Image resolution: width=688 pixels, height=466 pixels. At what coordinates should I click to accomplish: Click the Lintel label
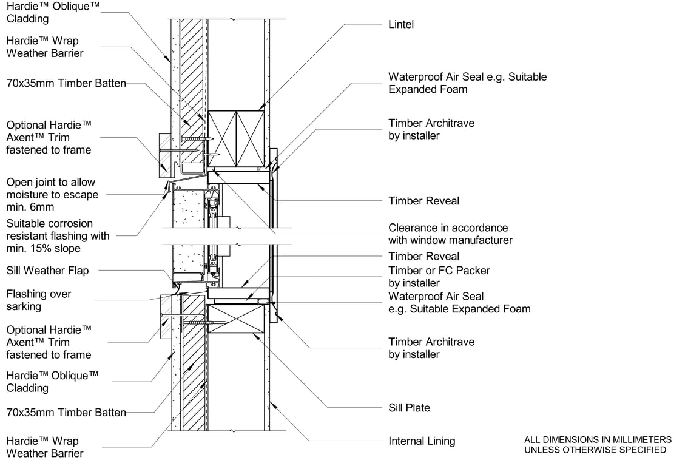401,25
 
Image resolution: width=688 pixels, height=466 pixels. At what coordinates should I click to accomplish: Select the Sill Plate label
410,408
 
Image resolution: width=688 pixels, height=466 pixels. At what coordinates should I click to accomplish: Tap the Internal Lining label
422,441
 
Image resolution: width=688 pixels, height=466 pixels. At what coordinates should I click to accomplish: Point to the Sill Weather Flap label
47,271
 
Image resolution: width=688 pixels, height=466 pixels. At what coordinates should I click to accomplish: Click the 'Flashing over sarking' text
39,300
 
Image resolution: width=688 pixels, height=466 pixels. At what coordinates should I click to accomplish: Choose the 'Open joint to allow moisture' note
51,189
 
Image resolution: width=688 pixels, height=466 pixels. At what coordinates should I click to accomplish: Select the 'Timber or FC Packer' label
439,277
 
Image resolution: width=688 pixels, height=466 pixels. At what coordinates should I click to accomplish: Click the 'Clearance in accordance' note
448,228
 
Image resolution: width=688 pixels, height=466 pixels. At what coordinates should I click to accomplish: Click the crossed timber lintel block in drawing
236,138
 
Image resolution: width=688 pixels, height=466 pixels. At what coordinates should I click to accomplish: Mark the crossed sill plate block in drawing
236,319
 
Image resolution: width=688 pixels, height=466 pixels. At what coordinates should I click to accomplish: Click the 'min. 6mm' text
27,208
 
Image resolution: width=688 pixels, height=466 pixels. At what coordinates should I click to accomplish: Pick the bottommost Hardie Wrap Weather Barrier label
45,447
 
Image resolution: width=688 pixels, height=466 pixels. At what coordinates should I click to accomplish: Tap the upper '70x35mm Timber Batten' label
66,83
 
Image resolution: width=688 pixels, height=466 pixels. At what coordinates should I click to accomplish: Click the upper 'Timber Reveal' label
424,201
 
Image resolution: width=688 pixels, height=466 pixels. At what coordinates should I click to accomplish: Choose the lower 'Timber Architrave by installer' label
431,348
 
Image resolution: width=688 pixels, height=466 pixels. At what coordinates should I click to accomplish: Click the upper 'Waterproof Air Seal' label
467,83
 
